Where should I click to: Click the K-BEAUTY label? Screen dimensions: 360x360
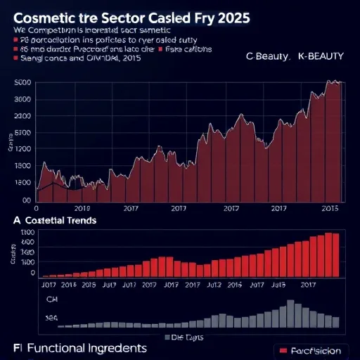click(320, 58)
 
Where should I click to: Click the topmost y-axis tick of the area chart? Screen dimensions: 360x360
click(22, 84)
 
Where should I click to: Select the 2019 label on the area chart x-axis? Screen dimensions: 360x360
click(82, 209)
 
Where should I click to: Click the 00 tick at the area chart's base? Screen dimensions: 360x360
click(27, 200)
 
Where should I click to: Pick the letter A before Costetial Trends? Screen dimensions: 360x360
click(16, 220)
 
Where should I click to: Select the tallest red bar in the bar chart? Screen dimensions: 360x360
click(328, 254)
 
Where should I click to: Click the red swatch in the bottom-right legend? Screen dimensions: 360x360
click(284, 350)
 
